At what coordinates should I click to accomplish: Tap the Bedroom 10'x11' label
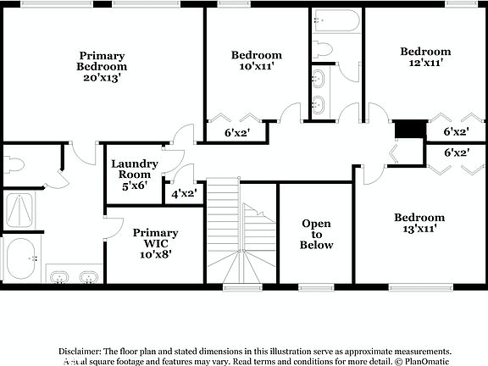[x=256, y=61]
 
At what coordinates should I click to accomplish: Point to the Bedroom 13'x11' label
[x=419, y=224]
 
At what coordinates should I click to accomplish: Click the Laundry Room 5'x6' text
[x=134, y=174]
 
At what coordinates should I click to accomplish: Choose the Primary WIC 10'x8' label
[x=155, y=243]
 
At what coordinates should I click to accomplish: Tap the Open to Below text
[x=317, y=235]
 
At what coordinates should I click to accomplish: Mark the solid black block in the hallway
[x=410, y=129]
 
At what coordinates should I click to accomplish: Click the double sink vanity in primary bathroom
[x=72, y=277]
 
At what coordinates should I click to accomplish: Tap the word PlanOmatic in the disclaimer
[x=424, y=360]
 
